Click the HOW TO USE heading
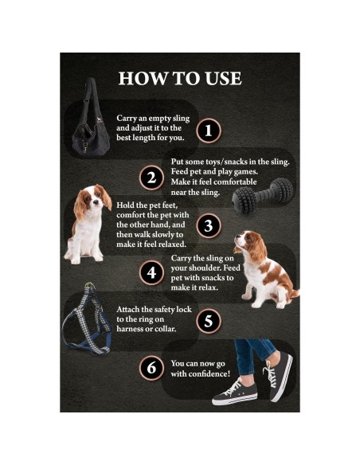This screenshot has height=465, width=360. click(x=179, y=79)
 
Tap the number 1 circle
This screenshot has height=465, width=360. click(x=209, y=129)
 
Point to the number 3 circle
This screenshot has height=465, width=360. click(x=209, y=225)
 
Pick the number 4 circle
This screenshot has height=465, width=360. click(x=151, y=272)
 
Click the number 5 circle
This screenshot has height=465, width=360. click(x=209, y=321)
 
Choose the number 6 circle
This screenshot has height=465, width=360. click(x=151, y=368)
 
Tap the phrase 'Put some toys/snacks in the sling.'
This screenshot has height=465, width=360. click(x=230, y=162)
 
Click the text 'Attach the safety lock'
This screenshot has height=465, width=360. click(x=154, y=309)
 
